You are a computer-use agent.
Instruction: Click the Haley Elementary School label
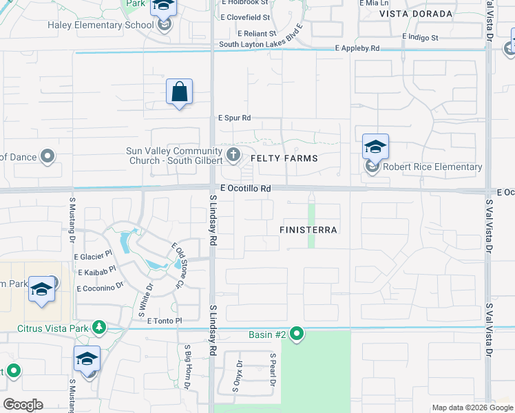(x=101, y=25)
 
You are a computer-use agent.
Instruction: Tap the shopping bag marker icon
(x=179, y=92)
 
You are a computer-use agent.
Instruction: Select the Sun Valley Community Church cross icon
(x=233, y=154)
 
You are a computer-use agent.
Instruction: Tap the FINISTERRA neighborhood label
(x=309, y=230)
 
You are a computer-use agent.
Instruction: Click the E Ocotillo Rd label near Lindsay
(x=245, y=188)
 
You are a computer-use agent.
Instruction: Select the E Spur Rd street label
(x=235, y=118)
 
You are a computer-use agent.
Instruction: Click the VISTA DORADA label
(x=416, y=14)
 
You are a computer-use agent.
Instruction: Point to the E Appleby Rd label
(x=357, y=48)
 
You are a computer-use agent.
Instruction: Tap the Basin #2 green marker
(x=297, y=335)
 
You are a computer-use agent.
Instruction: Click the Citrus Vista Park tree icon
(x=99, y=327)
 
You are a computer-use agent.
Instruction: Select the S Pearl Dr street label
(x=273, y=370)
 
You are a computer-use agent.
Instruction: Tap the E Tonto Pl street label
(x=160, y=321)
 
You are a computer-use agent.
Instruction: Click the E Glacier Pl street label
(x=93, y=255)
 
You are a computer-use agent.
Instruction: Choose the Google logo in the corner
(x=23, y=405)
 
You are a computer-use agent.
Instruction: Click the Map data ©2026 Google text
(x=472, y=407)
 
